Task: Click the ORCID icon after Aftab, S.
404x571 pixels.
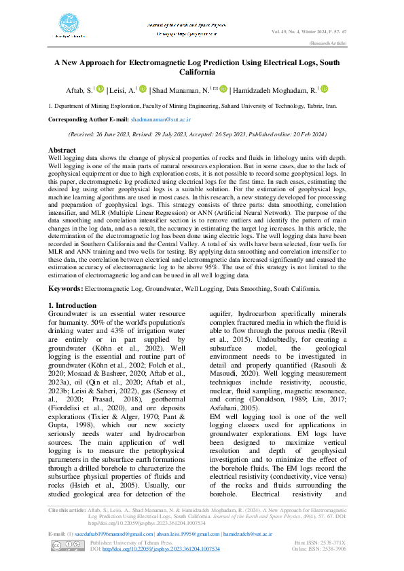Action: (x=100, y=89)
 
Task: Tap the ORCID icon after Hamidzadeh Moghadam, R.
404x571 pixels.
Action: (x=324, y=89)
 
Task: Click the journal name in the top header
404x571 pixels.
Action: (x=186, y=24)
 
